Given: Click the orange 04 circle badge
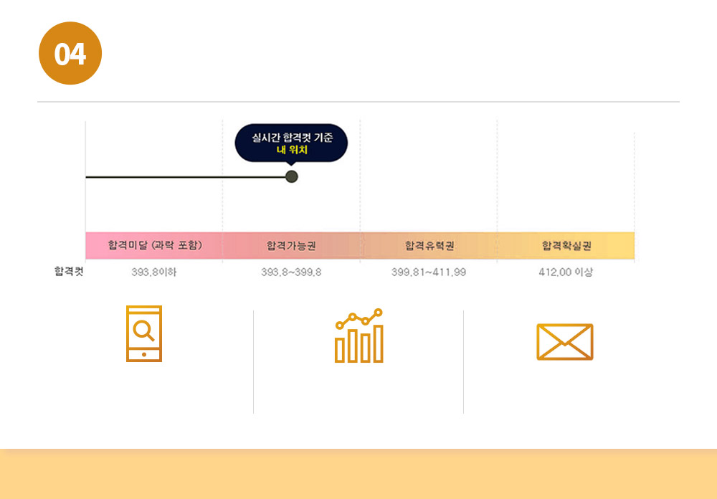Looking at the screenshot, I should point(70,54).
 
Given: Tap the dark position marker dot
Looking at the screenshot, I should point(291,176).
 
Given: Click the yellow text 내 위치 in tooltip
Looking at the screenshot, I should point(291,150).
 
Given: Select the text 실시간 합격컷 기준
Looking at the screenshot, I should point(291,137).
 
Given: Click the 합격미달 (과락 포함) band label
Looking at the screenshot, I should point(155,246).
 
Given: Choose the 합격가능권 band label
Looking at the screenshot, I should point(291,246).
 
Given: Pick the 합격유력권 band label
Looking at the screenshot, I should point(429,246).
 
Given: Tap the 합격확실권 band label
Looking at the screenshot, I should point(566,246).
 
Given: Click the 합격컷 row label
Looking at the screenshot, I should point(69,272).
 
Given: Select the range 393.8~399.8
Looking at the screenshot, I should point(291,272).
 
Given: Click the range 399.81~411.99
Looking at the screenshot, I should point(429,272).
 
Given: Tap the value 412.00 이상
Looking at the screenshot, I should point(566,272).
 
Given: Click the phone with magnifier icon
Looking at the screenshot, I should point(144,333).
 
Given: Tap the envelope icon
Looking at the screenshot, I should point(565,342).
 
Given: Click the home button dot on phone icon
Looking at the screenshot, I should point(144,354).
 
